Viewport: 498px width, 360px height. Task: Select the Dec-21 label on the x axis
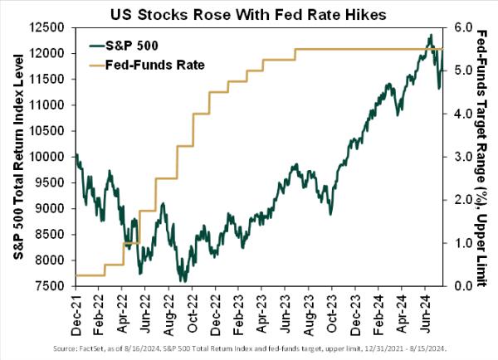coord(76,314)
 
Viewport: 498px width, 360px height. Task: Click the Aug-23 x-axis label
coord(298,314)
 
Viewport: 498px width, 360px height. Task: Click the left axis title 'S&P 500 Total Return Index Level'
coord(17,158)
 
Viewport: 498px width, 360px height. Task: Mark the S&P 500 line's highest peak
coord(430,35)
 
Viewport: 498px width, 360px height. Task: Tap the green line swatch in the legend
coord(105,45)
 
